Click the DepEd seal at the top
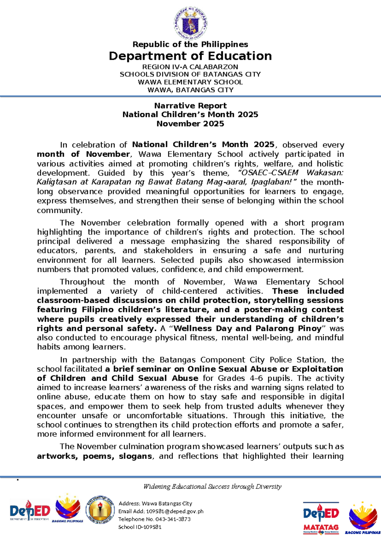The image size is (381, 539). [190, 23]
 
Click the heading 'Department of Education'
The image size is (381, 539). [190, 56]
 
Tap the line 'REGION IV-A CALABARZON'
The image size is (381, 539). [190, 67]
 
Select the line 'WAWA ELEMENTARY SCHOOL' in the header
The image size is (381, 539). [190, 82]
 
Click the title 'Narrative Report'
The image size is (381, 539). [190, 106]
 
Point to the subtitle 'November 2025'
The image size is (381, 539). [190, 124]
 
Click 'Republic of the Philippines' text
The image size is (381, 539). [190, 44]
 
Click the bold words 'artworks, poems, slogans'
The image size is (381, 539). [94, 456]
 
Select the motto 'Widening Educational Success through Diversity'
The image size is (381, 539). [212, 487]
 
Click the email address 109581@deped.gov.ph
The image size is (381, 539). [174, 511]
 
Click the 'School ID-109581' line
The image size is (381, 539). [140, 527]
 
